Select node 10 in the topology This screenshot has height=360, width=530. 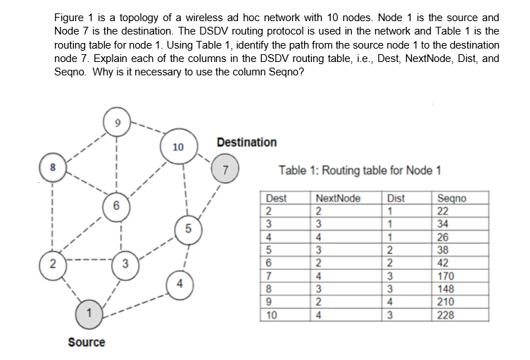(177, 147)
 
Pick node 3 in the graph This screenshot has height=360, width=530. (125, 264)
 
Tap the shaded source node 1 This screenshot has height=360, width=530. (88, 310)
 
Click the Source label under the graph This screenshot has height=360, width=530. (87, 342)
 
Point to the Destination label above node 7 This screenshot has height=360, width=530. (247, 142)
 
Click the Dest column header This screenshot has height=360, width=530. (277, 199)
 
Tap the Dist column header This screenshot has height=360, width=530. (396, 199)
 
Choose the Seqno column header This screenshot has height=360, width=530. (450, 199)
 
